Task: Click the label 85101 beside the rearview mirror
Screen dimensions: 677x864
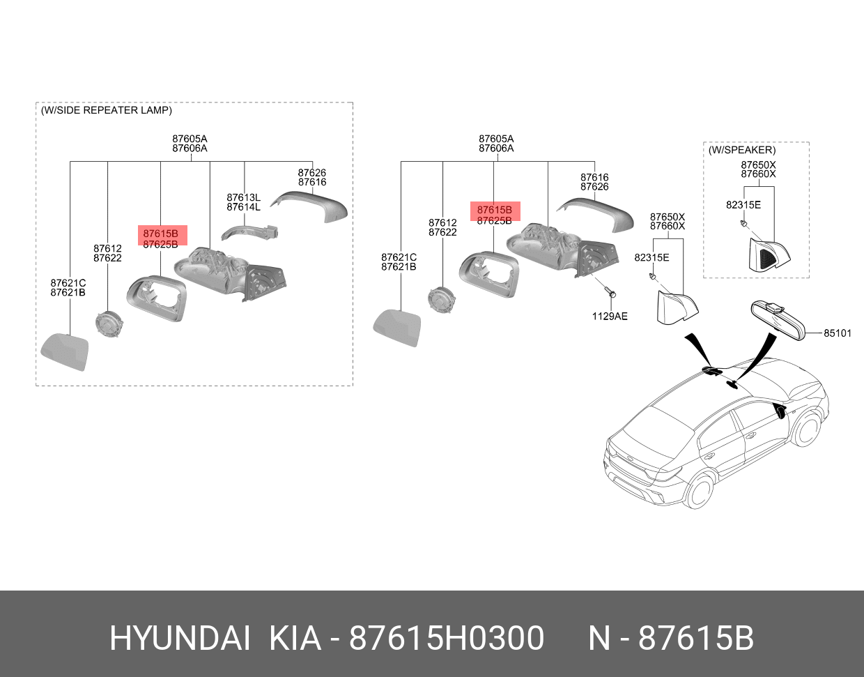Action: (837, 333)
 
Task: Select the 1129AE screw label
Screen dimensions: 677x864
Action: (610, 317)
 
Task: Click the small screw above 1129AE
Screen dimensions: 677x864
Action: (610, 294)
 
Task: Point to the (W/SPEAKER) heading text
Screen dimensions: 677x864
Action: (741, 150)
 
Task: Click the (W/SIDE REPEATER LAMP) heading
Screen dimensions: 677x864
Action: (107, 110)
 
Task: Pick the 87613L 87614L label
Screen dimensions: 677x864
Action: (243, 202)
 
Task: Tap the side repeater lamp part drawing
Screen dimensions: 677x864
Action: (251, 231)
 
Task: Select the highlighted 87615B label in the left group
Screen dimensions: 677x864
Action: (161, 234)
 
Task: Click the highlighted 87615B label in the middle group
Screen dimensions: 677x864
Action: (495, 210)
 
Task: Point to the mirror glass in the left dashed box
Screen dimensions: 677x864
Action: (65, 352)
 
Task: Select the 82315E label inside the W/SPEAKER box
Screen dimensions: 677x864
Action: (743, 205)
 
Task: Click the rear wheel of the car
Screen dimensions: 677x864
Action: (698, 489)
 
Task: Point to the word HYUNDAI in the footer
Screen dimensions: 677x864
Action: (179, 638)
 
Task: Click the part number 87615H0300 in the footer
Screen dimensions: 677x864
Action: (446, 638)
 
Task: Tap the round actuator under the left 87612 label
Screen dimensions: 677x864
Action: (108, 325)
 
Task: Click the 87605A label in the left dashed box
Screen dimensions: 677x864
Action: (190, 139)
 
